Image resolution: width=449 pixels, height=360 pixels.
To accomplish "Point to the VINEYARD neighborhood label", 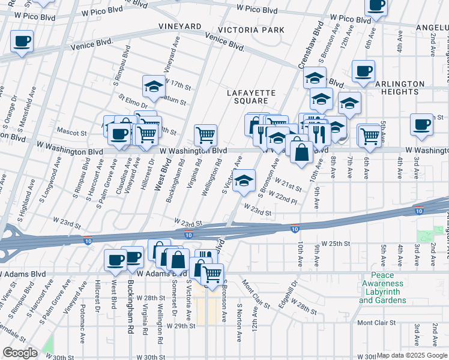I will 179,26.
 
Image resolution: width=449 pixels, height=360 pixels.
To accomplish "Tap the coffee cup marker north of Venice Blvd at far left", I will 22,41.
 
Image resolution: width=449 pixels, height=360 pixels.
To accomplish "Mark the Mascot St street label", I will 71,130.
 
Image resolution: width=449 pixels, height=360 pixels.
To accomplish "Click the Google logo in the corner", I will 20,353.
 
